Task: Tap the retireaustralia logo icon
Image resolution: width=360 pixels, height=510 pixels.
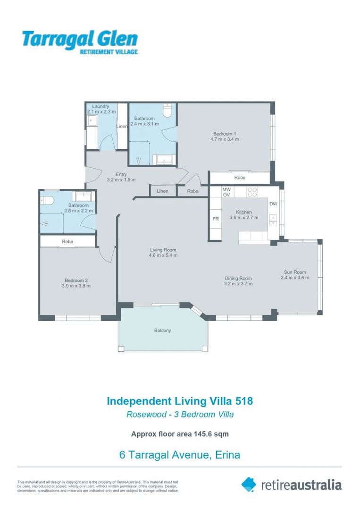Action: (x=248, y=484)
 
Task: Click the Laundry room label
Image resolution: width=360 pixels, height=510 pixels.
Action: (x=100, y=106)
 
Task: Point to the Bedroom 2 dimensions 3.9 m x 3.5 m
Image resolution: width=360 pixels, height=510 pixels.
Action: (x=76, y=286)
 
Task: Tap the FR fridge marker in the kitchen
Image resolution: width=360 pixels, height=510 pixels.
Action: (x=215, y=219)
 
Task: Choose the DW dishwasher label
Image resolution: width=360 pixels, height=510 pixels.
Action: (x=273, y=204)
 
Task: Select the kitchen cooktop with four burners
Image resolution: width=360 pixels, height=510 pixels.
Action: (x=252, y=192)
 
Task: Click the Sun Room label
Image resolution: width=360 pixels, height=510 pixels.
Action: (x=295, y=272)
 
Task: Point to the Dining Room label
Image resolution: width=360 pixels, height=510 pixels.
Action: (x=238, y=278)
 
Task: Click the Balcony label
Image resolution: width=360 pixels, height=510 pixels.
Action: (x=162, y=331)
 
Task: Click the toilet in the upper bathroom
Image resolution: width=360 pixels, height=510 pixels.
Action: (x=166, y=110)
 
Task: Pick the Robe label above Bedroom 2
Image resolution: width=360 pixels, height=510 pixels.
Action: (x=67, y=241)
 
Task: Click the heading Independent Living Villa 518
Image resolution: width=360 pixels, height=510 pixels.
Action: (x=180, y=401)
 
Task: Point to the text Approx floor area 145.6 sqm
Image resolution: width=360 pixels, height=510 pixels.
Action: (x=180, y=433)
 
